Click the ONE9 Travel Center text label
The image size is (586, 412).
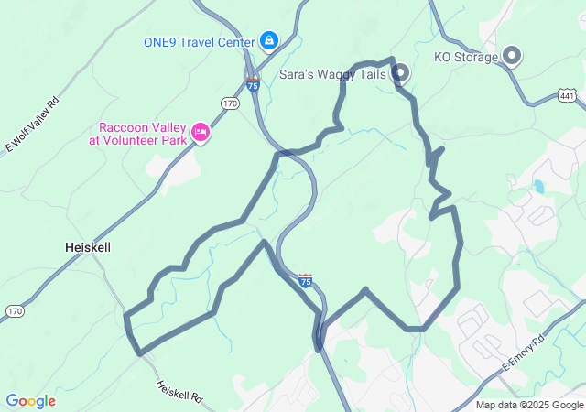(x=200, y=41)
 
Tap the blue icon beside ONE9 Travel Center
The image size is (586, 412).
(x=269, y=40)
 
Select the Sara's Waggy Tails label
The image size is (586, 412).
(x=332, y=73)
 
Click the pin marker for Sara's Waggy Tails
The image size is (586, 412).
(x=400, y=73)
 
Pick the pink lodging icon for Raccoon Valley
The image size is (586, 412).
(x=201, y=134)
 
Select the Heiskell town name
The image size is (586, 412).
(x=89, y=247)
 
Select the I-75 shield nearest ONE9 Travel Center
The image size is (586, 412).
(x=253, y=85)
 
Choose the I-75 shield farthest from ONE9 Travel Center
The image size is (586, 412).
(x=305, y=281)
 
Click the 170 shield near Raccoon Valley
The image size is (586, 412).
(x=230, y=103)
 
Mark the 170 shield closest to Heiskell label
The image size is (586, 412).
(x=14, y=312)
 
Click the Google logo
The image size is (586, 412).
(x=30, y=401)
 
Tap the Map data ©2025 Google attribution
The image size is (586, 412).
(x=529, y=405)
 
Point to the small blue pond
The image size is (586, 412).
(x=538, y=187)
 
